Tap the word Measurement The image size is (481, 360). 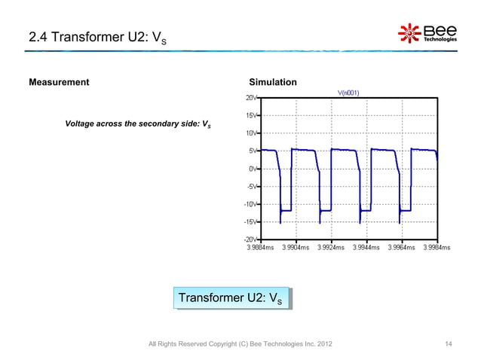click(x=59, y=82)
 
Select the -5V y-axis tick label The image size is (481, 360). click(x=251, y=187)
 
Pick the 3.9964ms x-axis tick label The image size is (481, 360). click(x=401, y=247)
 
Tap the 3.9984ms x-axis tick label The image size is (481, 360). click(x=436, y=247)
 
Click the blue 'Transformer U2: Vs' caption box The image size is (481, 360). click(x=230, y=298)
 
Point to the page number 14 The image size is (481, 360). click(x=449, y=345)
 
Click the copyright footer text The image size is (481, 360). click(x=239, y=345)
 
